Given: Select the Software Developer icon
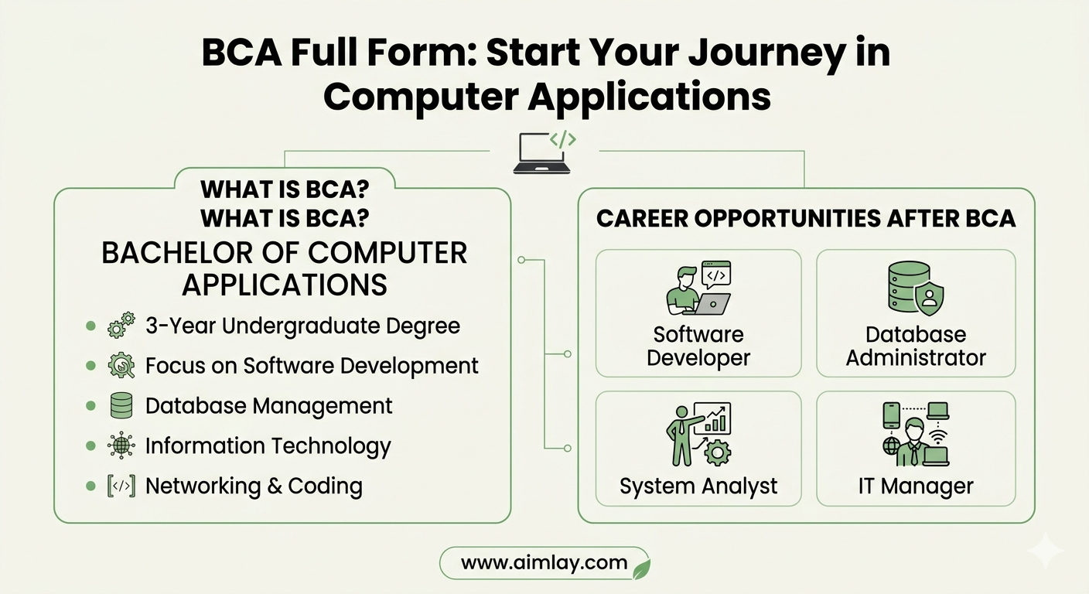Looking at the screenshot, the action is click(x=698, y=288).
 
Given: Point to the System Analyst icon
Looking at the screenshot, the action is click(x=698, y=434).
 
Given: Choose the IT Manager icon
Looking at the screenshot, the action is click(x=916, y=434).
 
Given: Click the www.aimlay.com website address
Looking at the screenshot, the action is click(x=544, y=563).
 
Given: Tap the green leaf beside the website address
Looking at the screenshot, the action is click(x=642, y=568).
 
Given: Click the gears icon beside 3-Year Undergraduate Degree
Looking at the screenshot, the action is click(x=121, y=325).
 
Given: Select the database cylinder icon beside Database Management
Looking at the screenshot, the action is click(x=121, y=405).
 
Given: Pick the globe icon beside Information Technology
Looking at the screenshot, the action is click(x=121, y=445).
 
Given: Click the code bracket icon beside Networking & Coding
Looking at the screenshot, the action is click(x=121, y=486).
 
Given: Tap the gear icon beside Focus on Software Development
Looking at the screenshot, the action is click(x=121, y=366).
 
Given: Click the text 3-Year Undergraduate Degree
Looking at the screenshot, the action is click(x=303, y=326).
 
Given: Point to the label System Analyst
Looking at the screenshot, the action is click(x=698, y=486).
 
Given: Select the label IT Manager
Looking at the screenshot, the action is click(x=916, y=486).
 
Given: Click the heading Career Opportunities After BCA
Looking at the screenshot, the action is click(x=806, y=218).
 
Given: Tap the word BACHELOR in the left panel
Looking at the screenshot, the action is click(x=177, y=253).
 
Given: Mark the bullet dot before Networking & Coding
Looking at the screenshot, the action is click(x=90, y=486).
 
